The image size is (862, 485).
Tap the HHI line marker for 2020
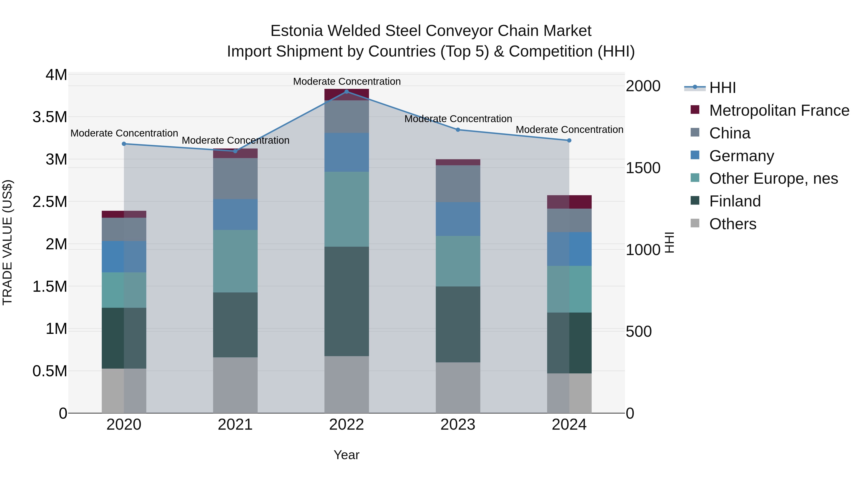tap(124, 144)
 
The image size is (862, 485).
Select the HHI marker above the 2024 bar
tap(569, 141)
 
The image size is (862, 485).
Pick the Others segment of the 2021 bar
tap(235, 385)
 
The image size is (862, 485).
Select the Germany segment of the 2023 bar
tap(458, 219)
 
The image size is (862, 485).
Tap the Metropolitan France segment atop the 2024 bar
tap(569, 202)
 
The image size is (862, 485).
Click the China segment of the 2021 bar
tap(235, 178)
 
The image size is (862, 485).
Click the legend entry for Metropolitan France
tap(779, 110)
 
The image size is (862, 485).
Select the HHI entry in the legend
tap(722, 88)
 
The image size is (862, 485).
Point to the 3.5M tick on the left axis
tap(50, 117)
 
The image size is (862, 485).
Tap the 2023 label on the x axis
tap(458, 425)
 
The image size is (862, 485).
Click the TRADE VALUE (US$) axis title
tap(7, 242)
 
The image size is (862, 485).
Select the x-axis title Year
tap(346, 455)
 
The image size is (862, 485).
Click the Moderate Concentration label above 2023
tap(458, 119)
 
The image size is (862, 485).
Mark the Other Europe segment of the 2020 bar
tap(124, 290)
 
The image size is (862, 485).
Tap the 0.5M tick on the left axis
tap(50, 371)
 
